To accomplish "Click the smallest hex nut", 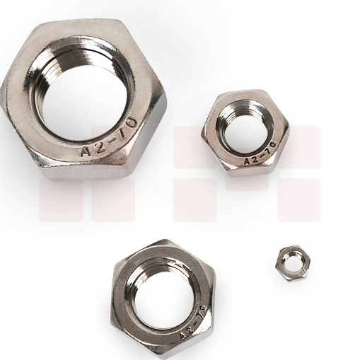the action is point(293,264).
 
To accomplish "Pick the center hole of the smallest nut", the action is point(292,262).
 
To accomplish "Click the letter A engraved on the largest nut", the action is point(86,151).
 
